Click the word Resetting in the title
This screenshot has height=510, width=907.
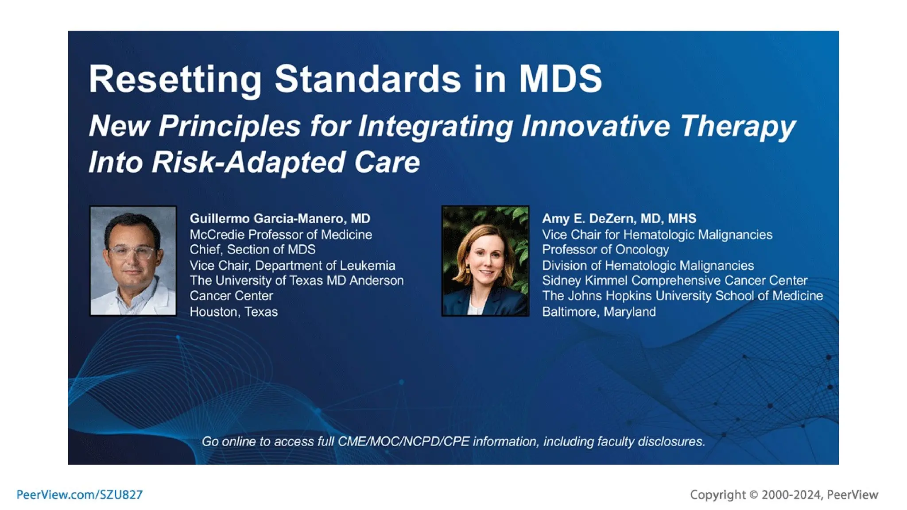point(175,80)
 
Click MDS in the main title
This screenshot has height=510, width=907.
point(560,80)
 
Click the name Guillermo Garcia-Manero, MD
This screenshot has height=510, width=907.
point(280,219)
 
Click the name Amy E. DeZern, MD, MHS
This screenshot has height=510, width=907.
point(619,219)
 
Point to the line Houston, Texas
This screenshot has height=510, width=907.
point(233,312)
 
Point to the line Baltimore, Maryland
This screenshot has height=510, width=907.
point(599,312)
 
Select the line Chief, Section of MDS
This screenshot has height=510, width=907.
point(252,250)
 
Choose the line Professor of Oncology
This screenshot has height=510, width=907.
point(605,250)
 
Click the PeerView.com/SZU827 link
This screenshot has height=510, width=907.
point(80,495)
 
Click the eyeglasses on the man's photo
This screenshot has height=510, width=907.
point(132,253)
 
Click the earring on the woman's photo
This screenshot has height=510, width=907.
point(468,269)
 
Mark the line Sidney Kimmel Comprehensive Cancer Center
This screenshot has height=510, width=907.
point(674,281)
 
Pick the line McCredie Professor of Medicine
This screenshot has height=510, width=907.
point(281,235)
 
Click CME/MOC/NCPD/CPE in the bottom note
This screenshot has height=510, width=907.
point(403,441)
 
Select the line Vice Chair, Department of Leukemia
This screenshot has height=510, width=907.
point(292,265)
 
